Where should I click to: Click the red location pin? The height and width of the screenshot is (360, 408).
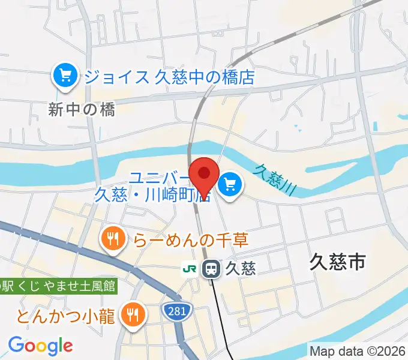coord(203,175)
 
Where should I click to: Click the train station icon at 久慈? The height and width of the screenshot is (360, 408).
coord(211,268)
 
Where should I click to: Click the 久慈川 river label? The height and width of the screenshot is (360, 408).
coord(275,178)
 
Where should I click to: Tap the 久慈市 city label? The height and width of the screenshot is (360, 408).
coord(338,262)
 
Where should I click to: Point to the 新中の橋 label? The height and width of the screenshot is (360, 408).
coord(82,109)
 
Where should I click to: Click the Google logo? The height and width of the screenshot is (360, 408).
coord(40,345)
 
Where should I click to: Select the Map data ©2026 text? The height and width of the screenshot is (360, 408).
coord(356,350)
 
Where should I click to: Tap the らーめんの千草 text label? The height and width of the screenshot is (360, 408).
coord(191,240)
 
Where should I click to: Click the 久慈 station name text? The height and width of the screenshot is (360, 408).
coord(242,268)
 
